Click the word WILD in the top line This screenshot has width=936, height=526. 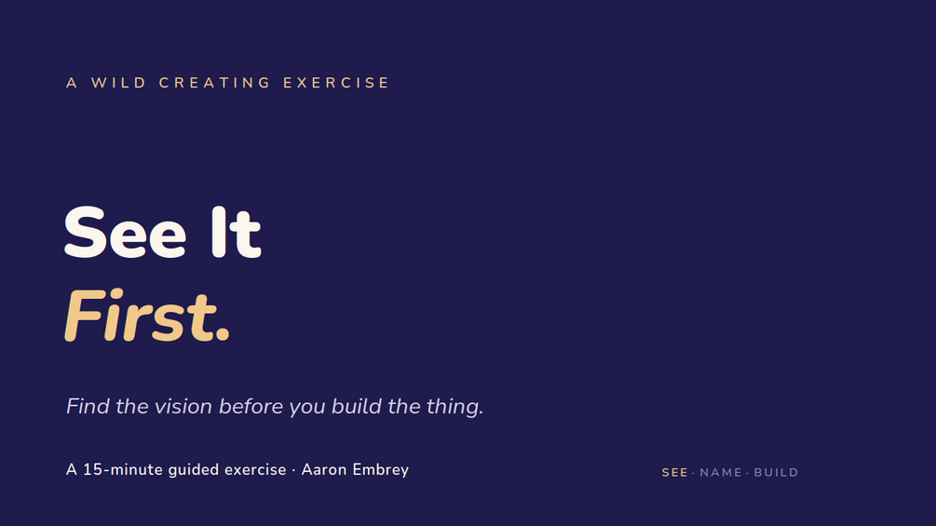click(118, 83)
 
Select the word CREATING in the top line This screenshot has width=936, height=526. click(215, 83)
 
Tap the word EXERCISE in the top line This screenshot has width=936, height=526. click(336, 83)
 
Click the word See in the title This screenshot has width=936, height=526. click(126, 232)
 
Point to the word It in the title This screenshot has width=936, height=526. click(237, 232)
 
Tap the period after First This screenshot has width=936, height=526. click(223, 335)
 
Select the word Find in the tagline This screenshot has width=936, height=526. click(88, 406)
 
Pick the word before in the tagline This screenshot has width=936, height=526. click(251, 406)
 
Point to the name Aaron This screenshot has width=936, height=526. click(324, 470)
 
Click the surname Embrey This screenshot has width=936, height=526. click(381, 470)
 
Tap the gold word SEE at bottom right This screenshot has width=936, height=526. click(674, 473)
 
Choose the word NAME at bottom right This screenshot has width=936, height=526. click(721, 473)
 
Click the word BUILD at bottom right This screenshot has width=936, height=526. click(776, 473)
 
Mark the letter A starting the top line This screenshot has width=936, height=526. click(72, 83)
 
